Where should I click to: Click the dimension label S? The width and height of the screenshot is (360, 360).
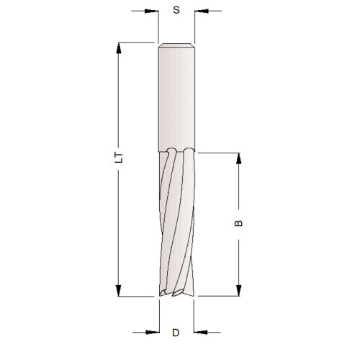click(x=176, y=12)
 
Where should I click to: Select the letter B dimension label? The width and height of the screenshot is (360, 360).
click(x=240, y=223)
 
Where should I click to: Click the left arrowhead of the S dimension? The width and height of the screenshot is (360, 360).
click(x=152, y=12)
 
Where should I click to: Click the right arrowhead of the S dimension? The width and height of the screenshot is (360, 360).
click(x=200, y=12)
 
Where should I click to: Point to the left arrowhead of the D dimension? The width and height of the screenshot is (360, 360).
click(x=152, y=332)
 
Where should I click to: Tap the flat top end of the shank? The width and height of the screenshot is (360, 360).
click(x=176, y=45)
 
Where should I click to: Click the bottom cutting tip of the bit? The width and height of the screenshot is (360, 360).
click(x=176, y=293)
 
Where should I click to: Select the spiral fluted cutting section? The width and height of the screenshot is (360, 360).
click(x=176, y=223)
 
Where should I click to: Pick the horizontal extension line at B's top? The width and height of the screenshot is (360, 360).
click(x=216, y=153)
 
